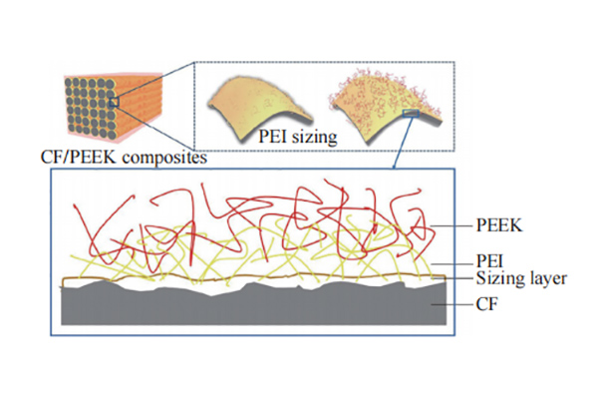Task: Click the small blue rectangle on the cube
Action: [116, 100]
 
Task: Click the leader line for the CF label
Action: [453, 297]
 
